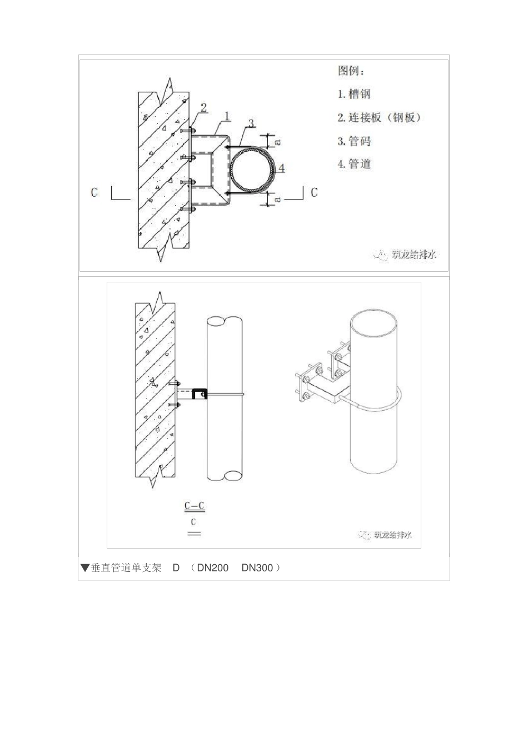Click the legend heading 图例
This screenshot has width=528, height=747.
(x=351, y=71)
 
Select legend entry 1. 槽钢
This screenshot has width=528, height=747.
(x=354, y=94)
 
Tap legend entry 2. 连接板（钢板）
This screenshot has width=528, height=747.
(x=380, y=118)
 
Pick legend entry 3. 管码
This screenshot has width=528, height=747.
(x=354, y=141)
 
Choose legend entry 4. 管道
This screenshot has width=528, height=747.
(x=354, y=164)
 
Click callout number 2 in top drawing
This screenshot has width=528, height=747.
(x=203, y=107)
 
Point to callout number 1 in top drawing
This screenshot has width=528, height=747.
(x=227, y=116)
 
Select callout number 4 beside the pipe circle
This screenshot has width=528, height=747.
(x=282, y=167)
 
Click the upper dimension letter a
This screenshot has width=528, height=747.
(x=278, y=141)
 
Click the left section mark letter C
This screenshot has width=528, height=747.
(x=94, y=192)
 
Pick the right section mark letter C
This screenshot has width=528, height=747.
(x=314, y=192)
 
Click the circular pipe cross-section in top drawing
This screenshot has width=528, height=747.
(x=252, y=170)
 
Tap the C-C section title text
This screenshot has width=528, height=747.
(x=194, y=506)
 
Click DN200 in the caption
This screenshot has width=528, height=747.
(x=213, y=568)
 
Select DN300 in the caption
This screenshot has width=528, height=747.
(x=257, y=568)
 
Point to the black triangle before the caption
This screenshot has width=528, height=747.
(x=84, y=568)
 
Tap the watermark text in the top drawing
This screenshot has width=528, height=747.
(x=414, y=255)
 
